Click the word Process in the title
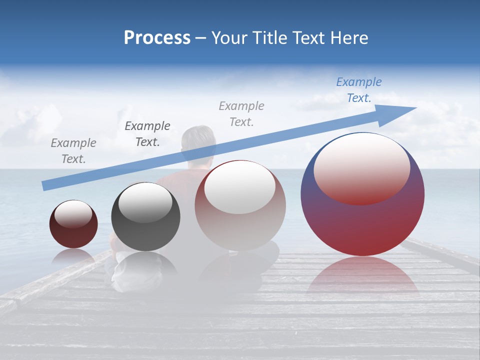(x=157, y=38)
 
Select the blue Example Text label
(x=359, y=90)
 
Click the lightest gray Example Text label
(x=241, y=113)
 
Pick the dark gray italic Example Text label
(x=147, y=134)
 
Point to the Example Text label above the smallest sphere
(x=73, y=150)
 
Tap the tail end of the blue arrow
(x=44, y=186)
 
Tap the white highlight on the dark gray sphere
(x=145, y=202)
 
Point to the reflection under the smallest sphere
(x=73, y=256)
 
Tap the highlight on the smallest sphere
(x=73, y=214)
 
